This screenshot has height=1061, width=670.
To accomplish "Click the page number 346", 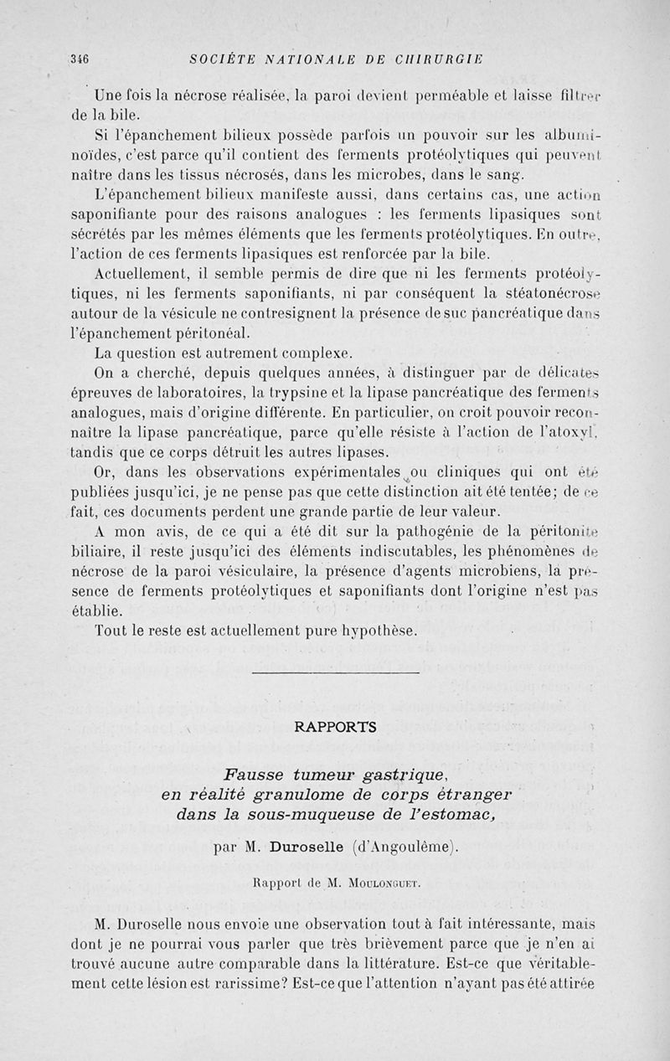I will pyautogui.click(x=80, y=59).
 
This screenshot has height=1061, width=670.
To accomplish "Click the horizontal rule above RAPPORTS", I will pyautogui.click(x=335, y=672).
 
